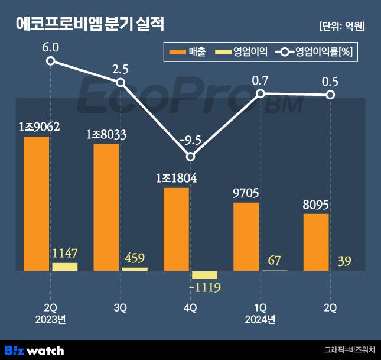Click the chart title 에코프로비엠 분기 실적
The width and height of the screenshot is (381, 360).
coord(90,24)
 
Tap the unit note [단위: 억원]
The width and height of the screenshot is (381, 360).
coord(341,26)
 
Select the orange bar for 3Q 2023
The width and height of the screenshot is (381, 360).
coord(106,207)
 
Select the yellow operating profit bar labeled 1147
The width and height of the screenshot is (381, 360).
coord(64,267)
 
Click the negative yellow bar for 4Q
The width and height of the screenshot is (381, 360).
coord(204,275)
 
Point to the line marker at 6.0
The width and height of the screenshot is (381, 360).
coord(51,60)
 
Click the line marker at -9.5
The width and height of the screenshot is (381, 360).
coord(190,157)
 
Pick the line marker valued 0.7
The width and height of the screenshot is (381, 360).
coord(260,93)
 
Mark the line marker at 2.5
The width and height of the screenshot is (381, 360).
coord(121,82)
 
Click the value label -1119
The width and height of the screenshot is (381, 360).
coord(204,288)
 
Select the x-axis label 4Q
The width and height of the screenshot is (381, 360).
coord(190,307)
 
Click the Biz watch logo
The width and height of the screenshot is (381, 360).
coord(34,350)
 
